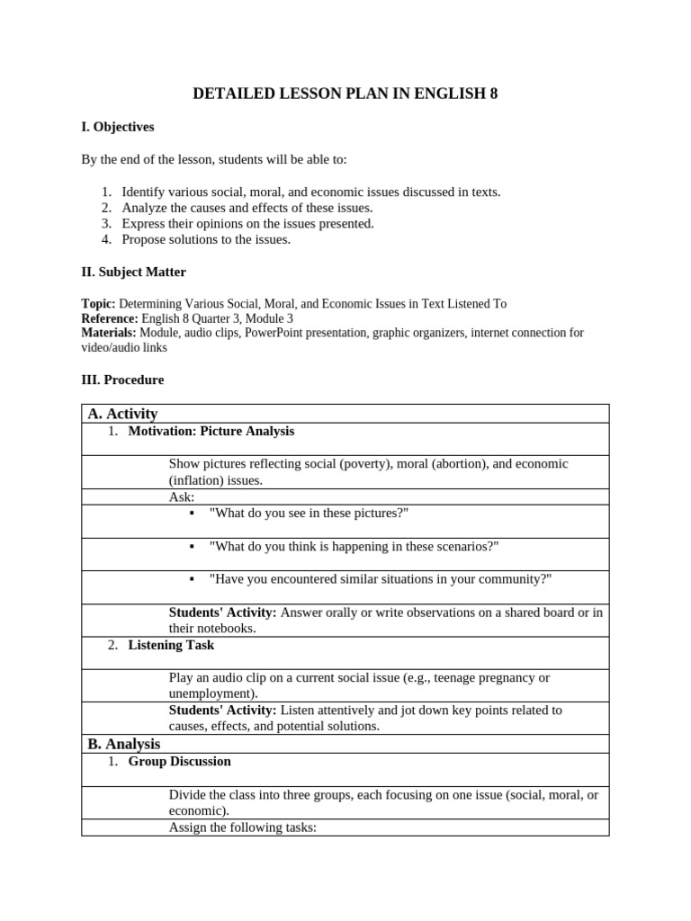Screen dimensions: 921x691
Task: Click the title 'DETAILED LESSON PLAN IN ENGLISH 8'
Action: click(x=345, y=94)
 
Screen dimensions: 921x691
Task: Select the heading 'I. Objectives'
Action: click(x=118, y=127)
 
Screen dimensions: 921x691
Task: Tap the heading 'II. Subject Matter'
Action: click(x=134, y=272)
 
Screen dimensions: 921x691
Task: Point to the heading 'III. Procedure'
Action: click(x=122, y=380)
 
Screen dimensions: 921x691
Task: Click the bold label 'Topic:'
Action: click(x=98, y=304)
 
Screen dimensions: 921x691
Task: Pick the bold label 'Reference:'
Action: click(x=110, y=318)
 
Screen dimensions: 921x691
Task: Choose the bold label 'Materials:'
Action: click(x=109, y=333)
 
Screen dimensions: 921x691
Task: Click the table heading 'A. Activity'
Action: click(x=122, y=414)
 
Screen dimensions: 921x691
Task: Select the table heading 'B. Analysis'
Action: click(x=124, y=744)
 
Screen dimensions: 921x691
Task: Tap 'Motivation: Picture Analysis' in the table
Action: click(x=211, y=431)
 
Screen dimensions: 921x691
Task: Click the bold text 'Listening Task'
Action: click(x=171, y=645)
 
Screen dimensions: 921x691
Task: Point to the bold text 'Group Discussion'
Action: click(x=180, y=761)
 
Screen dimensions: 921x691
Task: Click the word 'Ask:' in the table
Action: click(x=182, y=496)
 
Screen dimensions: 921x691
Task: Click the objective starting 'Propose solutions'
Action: click(x=206, y=239)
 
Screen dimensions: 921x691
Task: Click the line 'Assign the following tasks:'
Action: click(x=243, y=827)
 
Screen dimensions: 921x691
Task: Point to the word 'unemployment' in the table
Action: click(x=211, y=693)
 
